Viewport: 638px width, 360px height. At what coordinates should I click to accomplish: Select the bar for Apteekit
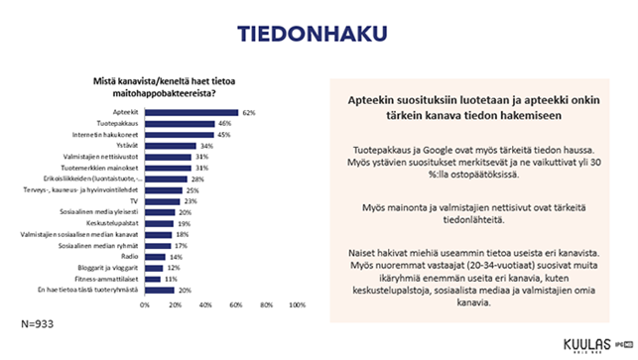tap(191, 112)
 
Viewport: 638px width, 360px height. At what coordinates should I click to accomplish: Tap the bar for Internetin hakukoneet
tap(179, 134)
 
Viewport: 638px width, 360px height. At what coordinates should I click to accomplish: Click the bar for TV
tap(162, 199)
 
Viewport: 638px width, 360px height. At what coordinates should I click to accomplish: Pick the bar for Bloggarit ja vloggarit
tap(154, 266)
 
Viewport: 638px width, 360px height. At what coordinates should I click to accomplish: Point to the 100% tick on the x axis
tap(296, 305)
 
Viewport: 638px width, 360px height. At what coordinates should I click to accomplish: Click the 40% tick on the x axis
tap(205, 305)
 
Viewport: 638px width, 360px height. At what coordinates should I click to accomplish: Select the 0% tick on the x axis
tap(145, 305)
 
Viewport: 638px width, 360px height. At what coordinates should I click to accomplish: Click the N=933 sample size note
tap(39, 324)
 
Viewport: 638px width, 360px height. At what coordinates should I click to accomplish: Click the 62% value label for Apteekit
tap(249, 112)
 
